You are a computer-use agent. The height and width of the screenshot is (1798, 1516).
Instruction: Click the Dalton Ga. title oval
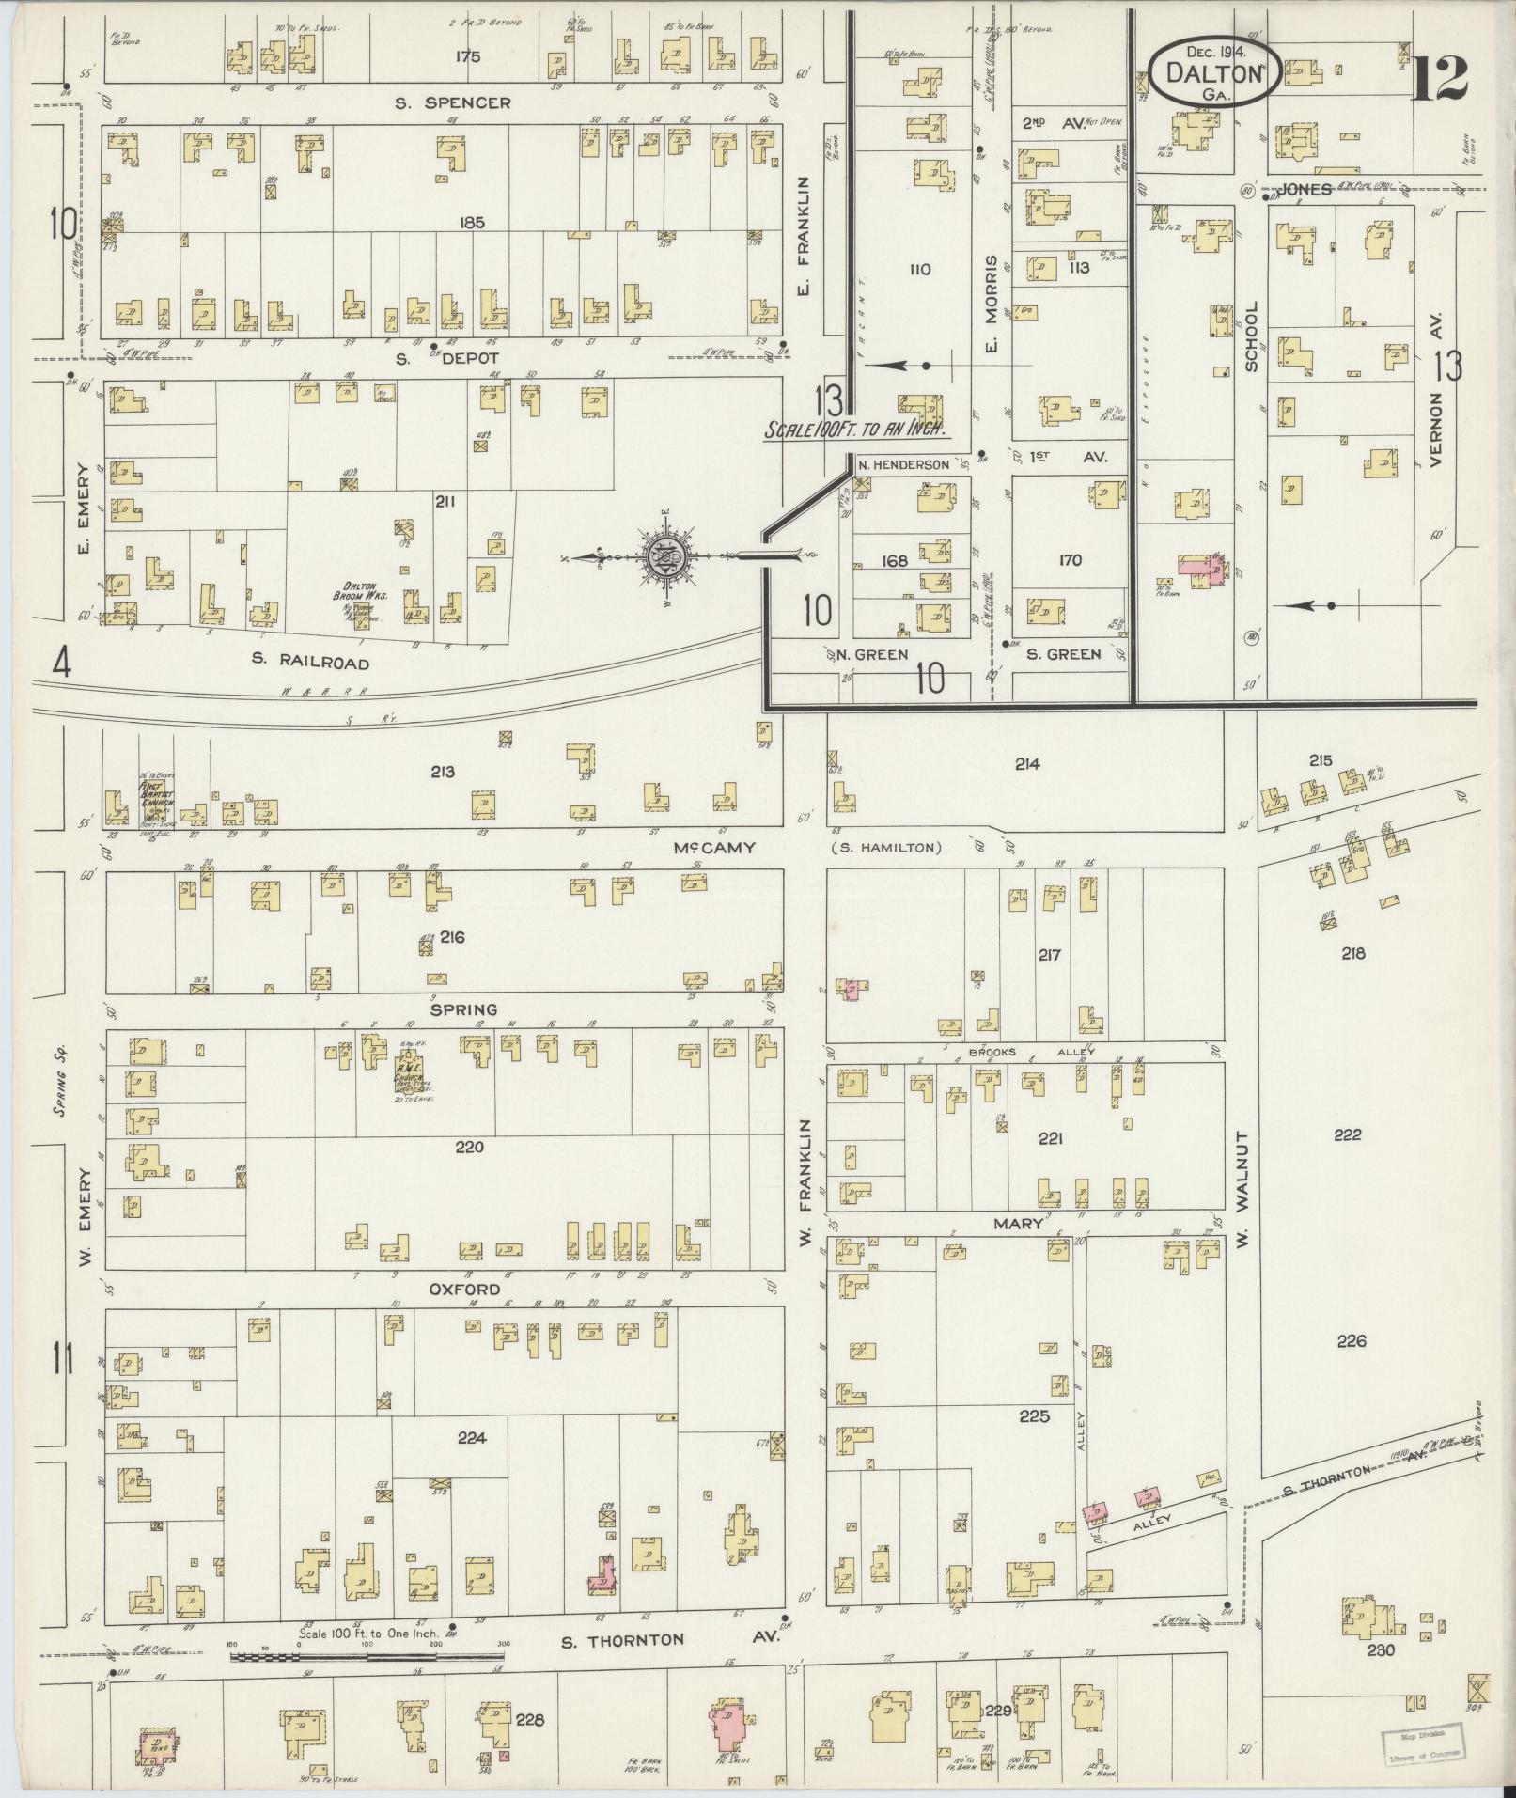click(1213, 71)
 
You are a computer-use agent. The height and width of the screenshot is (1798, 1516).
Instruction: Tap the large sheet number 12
click(1438, 79)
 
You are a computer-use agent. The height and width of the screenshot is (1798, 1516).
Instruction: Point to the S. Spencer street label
click(453, 102)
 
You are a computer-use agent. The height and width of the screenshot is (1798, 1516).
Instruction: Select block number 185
click(472, 223)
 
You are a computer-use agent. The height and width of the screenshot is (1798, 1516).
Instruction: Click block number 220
click(469, 1147)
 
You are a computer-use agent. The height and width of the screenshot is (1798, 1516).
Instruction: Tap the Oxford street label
click(463, 1289)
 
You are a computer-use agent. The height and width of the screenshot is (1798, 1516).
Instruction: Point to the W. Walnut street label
click(1242, 1189)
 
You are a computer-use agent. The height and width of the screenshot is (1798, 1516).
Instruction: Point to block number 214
click(1027, 764)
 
